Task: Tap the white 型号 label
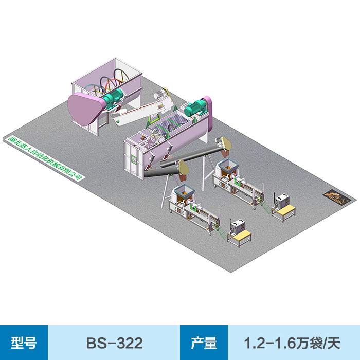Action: (24, 343)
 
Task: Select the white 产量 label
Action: (204, 343)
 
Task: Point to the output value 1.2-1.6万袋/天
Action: (292, 343)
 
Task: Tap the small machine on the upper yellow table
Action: (282, 201)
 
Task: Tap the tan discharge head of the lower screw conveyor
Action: (183, 168)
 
